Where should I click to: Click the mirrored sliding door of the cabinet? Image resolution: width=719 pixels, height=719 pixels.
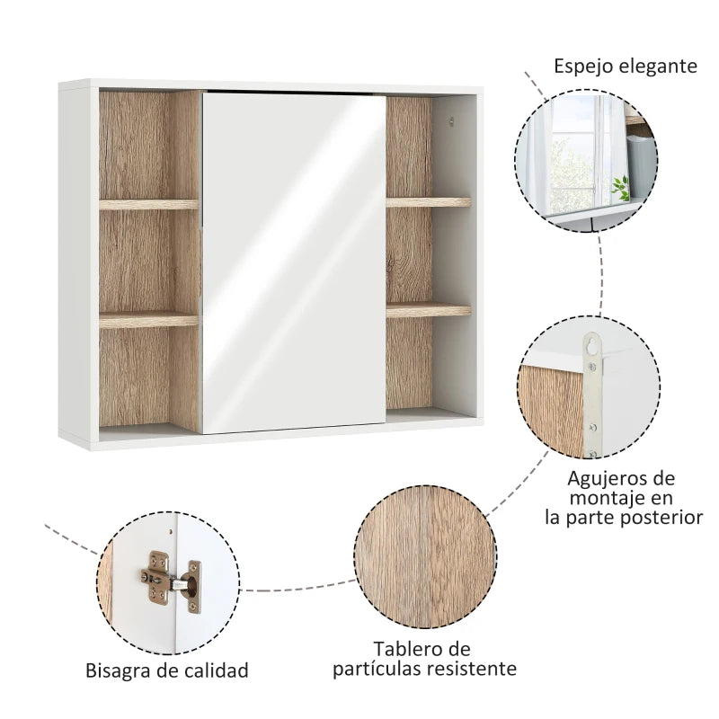point(294,262)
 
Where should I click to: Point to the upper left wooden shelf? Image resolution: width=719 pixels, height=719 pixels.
point(148,205)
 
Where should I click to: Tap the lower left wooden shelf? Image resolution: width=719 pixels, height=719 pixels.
point(148,320)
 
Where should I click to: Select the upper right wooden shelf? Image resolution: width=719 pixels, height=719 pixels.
point(429,202)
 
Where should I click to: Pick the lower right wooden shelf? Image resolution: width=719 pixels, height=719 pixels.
point(429,311)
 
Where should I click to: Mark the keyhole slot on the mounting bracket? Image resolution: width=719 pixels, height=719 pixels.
point(594,343)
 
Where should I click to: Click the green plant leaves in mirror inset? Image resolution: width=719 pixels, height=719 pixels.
point(620,188)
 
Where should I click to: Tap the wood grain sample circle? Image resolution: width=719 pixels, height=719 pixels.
point(425,556)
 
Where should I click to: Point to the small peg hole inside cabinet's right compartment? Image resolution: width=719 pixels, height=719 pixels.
point(451,121)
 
